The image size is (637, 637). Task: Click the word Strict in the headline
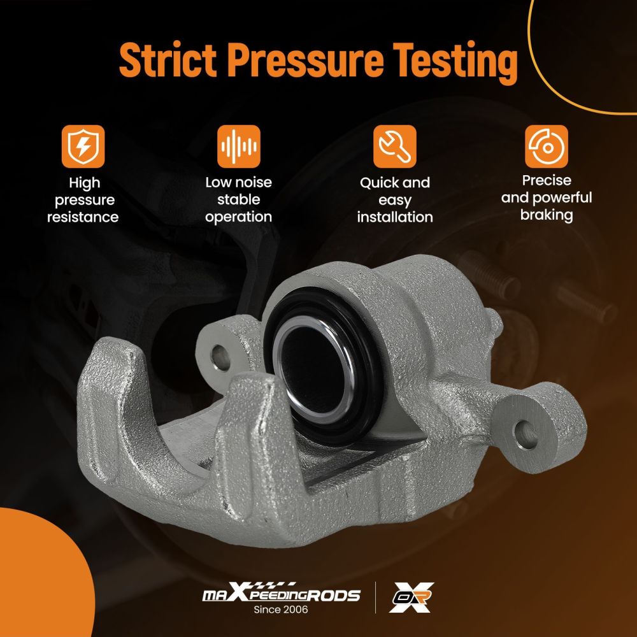(168, 59)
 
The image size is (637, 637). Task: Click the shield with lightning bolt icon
(83, 147)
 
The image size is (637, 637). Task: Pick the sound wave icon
(238, 147)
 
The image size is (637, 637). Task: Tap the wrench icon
(395, 147)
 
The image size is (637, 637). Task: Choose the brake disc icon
(547, 147)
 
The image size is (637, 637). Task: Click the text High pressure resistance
(83, 200)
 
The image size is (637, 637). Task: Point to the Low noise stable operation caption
(238, 199)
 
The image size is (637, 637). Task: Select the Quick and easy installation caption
(395, 200)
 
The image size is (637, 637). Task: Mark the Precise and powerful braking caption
(547, 198)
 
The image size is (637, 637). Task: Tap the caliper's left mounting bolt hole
(220, 357)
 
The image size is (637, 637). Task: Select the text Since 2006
(281, 610)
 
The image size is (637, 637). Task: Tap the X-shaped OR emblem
(411, 598)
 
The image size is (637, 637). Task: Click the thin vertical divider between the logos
(375, 598)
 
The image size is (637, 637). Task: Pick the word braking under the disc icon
(547, 215)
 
